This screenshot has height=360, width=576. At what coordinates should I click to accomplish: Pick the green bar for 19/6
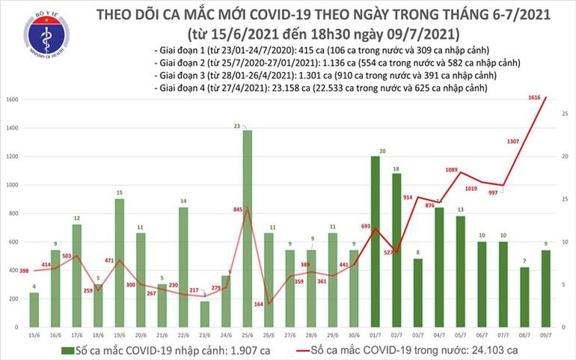click(x=119, y=263)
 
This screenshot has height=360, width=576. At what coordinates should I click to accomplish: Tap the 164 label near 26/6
click(x=257, y=305)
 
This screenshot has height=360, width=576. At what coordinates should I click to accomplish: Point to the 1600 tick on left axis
click(x=10, y=100)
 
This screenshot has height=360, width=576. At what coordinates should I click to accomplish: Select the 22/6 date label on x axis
click(x=183, y=335)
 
